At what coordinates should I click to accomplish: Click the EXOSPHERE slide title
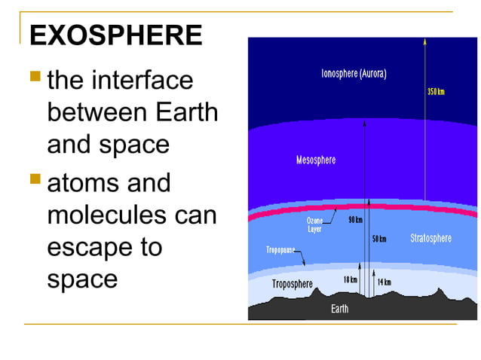click(x=115, y=35)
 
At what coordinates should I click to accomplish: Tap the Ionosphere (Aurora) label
click(x=354, y=75)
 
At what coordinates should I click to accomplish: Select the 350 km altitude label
click(x=436, y=92)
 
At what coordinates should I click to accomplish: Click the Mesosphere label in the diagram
click(x=316, y=160)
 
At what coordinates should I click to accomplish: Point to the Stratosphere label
click(x=430, y=239)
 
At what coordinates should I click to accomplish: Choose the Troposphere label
click(x=292, y=284)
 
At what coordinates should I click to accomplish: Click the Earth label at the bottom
click(x=340, y=309)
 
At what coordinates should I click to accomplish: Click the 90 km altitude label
click(x=355, y=221)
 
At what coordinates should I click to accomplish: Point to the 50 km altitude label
click(x=379, y=239)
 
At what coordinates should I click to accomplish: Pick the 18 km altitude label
click(x=350, y=279)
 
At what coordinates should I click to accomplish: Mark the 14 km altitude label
click(x=384, y=282)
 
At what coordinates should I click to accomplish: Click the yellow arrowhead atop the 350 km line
click(x=424, y=43)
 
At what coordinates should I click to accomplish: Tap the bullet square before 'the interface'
click(x=35, y=76)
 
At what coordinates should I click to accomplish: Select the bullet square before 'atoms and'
click(x=35, y=179)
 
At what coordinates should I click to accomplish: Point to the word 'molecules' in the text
click(x=106, y=215)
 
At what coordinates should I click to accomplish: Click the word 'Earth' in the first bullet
click(x=185, y=112)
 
